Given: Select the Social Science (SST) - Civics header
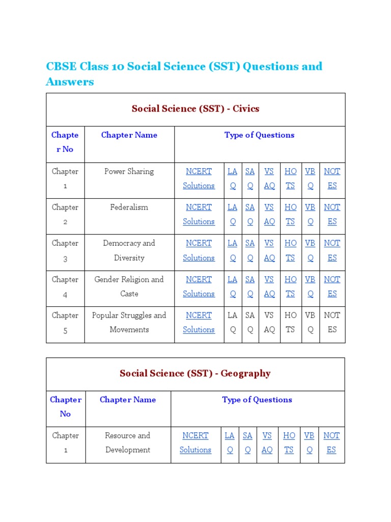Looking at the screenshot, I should pyautogui.click(x=195, y=109).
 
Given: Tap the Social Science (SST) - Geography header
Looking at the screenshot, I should pyautogui.click(x=195, y=374).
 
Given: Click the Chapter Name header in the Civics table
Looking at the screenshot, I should pyautogui.click(x=129, y=135).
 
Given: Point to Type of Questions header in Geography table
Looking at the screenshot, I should pyautogui.click(x=257, y=400).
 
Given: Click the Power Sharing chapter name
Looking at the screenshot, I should pyautogui.click(x=129, y=172).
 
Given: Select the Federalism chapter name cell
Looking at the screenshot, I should pyautogui.click(x=129, y=207).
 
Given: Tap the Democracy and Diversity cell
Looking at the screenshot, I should pyautogui.click(x=129, y=250).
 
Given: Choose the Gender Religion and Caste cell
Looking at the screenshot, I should pyautogui.click(x=129, y=286).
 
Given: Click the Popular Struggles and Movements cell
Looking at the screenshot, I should pyautogui.click(x=129, y=322).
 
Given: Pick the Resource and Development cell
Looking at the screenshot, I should pyautogui.click(x=128, y=442).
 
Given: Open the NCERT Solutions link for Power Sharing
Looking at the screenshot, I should pyautogui.click(x=199, y=178).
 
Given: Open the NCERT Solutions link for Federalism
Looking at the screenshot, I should pyautogui.click(x=199, y=214).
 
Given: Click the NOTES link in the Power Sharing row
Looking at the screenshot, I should pyautogui.click(x=332, y=178).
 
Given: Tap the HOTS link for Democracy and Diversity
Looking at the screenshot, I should pyautogui.click(x=290, y=250).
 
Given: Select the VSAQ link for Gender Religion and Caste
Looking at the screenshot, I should pyautogui.click(x=269, y=286).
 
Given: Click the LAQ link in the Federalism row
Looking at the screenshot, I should pyautogui.click(x=233, y=214).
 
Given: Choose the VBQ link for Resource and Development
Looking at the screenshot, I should pyautogui.click(x=309, y=442).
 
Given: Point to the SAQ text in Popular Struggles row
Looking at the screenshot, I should pyautogui.click(x=250, y=322).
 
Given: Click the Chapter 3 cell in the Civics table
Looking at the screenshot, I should pyautogui.click(x=65, y=250).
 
